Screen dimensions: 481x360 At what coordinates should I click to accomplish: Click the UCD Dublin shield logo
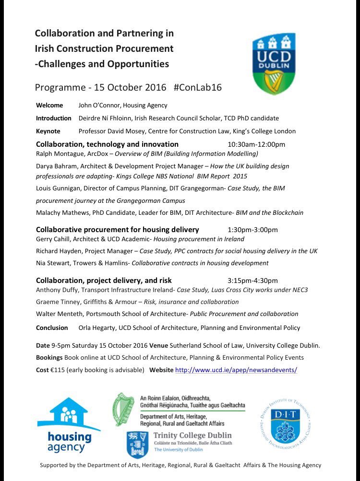(x=275, y=63)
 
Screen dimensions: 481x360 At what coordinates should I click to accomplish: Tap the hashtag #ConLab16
(x=198, y=88)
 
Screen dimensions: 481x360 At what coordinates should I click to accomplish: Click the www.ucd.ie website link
(x=236, y=370)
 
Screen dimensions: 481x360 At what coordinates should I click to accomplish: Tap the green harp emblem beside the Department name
(x=124, y=409)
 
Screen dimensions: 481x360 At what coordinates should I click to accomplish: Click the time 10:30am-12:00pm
(x=256, y=144)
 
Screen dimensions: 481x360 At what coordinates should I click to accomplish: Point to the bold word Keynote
(x=48, y=131)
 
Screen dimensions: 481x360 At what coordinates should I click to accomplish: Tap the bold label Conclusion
(x=52, y=328)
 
